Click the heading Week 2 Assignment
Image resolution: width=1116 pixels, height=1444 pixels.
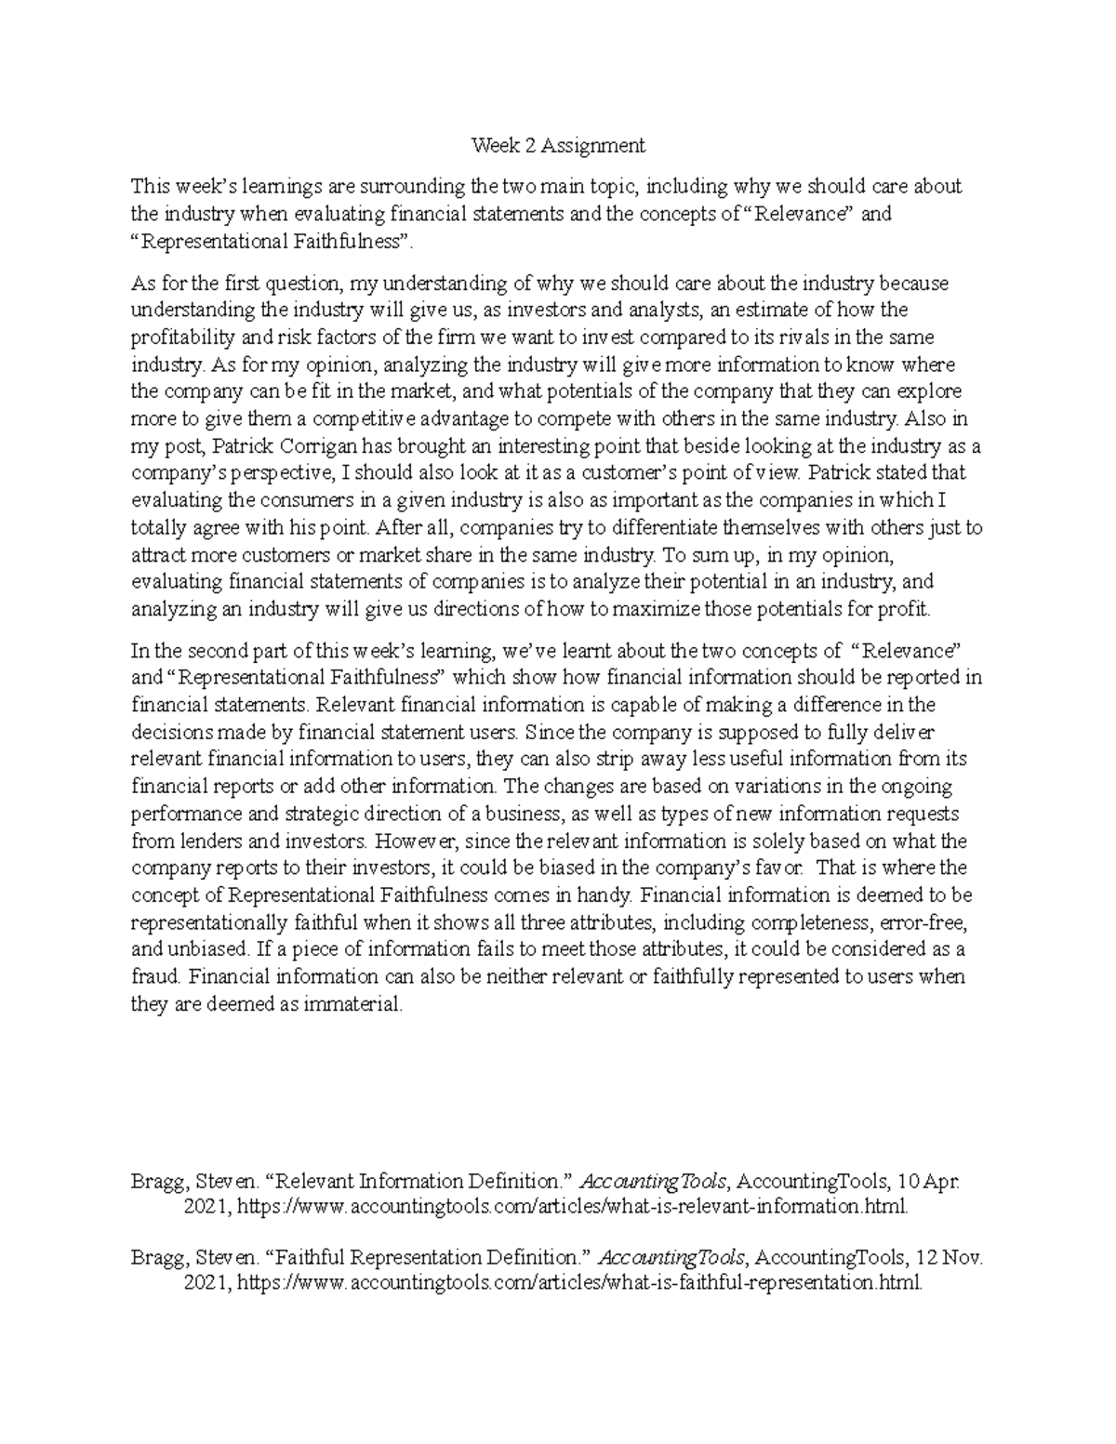pyautogui.click(x=557, y=145)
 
